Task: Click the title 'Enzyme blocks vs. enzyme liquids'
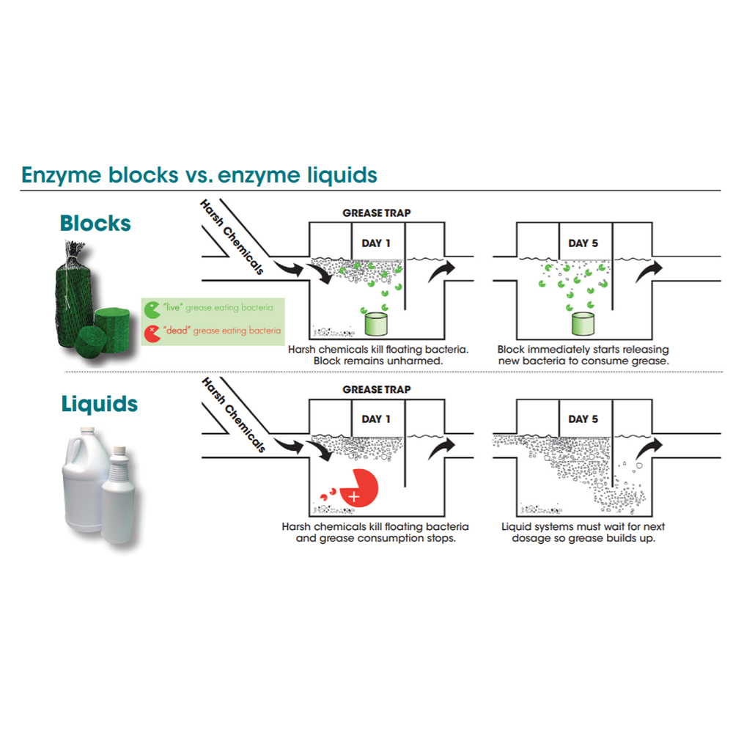(199, 175)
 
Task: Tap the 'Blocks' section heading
(95, 224)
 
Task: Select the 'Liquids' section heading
(100, 404)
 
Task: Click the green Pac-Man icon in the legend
(152, 309)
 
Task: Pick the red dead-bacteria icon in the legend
(152, 334)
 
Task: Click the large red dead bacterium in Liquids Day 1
(359, 487)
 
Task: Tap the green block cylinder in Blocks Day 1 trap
(376, 324)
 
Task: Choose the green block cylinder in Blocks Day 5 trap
(583, 324)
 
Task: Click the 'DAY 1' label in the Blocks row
(376, 243)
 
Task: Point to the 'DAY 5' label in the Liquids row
(583, 419)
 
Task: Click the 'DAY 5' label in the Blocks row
(583, 243)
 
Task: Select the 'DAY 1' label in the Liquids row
(376, 419)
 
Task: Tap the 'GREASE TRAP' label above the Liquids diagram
(376, 389)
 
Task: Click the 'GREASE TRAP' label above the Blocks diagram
(376, 213)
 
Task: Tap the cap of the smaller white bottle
(120, 451)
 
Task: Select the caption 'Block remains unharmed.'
(378, 361)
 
